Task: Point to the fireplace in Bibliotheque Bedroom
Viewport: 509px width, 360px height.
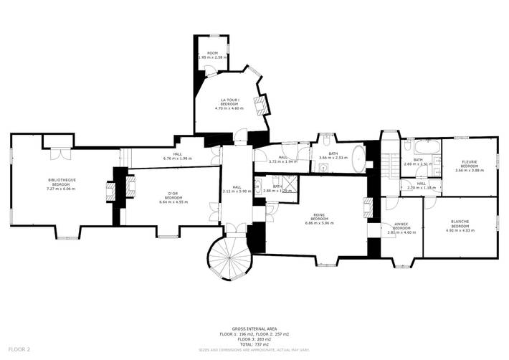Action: pyautogui.click(x=110, y=190)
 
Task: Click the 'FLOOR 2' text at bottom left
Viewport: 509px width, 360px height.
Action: pyautogui.click(x=19, y=349)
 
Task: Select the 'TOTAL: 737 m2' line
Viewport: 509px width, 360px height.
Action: pyautogui.click(x=256, y=344)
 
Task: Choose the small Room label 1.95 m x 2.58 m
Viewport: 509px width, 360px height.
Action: pyautogui.click(x=212, y=55)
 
